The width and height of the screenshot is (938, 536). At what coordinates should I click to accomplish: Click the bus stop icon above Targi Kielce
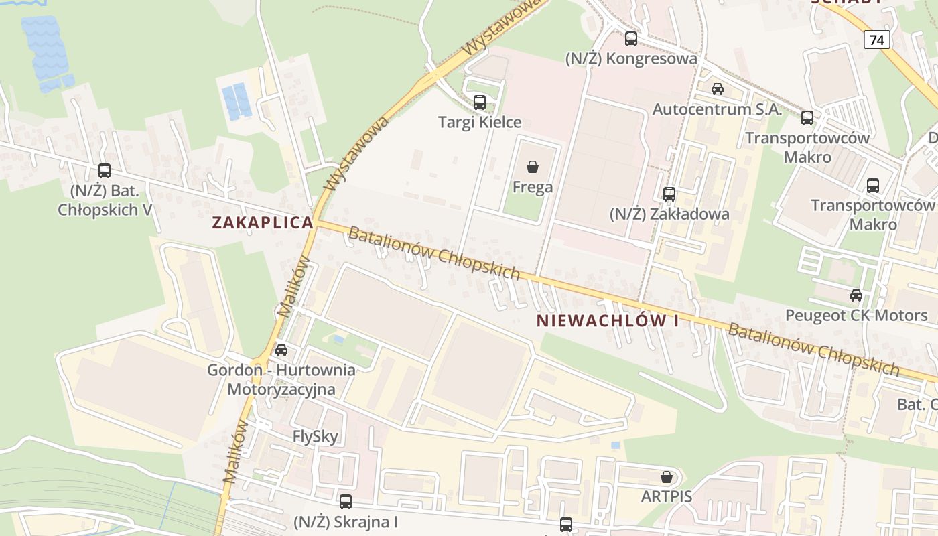click(x=480, y=103)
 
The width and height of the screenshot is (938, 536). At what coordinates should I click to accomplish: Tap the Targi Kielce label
click(x=480, y=122)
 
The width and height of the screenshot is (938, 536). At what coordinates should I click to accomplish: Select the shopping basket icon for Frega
click(x=533, y=167)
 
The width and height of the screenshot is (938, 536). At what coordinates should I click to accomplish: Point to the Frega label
click(x=533, y=187)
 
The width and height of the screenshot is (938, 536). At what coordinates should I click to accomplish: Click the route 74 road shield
click(x=877, y=40)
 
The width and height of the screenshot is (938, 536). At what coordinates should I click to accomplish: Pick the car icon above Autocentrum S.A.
click(x=718, y=89)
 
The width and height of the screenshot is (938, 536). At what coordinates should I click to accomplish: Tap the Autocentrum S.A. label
click(x=718, y=109)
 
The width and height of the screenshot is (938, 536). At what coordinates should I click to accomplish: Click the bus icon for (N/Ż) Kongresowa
click(x=631, y=39)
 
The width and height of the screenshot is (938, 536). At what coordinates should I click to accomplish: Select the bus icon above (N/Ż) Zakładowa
click(x=669, y=194)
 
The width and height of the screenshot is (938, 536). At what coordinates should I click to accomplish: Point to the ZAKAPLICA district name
click(x=263, y=223)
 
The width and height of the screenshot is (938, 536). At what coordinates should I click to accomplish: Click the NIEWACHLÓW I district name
click(x=608, y=320)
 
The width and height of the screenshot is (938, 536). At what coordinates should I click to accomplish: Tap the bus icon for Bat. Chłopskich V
click(x=105, y=171)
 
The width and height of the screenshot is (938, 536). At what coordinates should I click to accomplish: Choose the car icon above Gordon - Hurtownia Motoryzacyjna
click(x=281, y=350)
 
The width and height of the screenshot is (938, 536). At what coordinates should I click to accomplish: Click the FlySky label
click(x=316, y=437)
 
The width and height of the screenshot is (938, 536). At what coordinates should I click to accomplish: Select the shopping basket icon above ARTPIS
click(x=667, y=477)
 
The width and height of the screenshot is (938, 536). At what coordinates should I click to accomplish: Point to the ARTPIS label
click(x=667, y=496)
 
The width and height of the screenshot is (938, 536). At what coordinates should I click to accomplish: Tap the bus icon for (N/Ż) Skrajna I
click(x=346, y=501)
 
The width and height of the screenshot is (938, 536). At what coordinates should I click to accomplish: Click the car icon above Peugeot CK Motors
click(x=856, y=295)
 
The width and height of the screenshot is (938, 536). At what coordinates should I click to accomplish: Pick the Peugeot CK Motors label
click(x=856, y=315)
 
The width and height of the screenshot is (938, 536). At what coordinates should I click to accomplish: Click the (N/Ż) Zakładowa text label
click(x=669, y=214)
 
